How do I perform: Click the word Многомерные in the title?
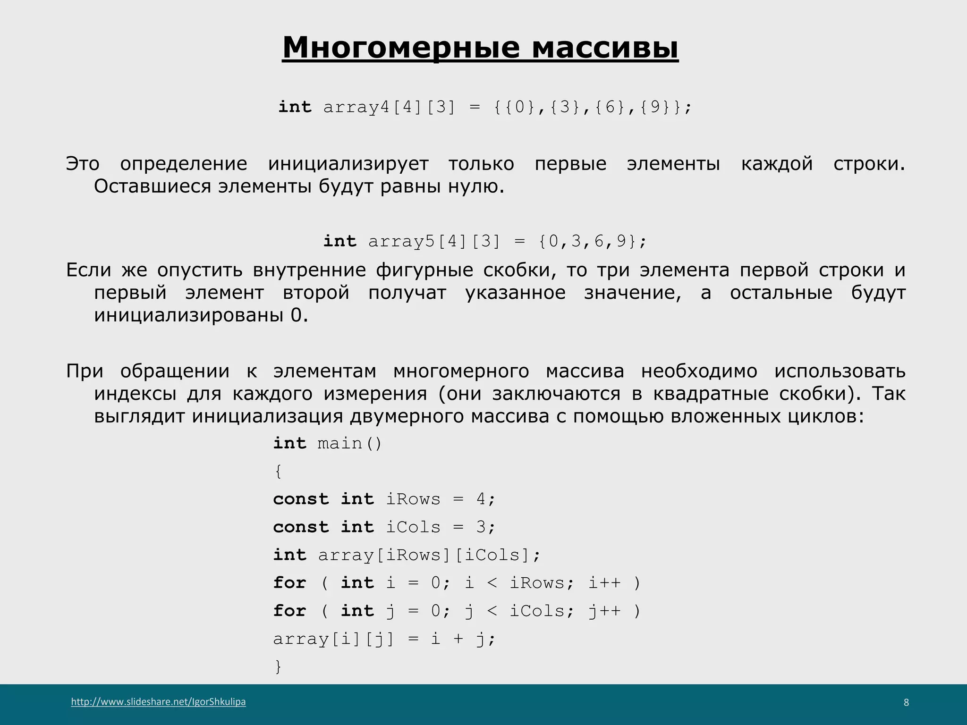[401, 47]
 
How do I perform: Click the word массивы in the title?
[605, 47]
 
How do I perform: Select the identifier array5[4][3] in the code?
[434, 241]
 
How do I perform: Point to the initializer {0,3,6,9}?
[593, 241]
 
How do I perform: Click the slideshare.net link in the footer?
[158, 701]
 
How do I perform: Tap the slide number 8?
[906, 702]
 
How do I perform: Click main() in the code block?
[349, 443]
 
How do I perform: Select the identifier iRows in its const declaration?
[413, 499]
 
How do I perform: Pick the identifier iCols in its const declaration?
[413, 527]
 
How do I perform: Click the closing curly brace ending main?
[278, 666]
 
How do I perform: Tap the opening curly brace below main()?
[278, 471]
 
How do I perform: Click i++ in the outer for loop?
[604, 583]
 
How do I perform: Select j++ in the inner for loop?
[604, 611]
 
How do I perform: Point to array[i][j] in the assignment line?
[333, 639]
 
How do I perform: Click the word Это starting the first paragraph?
[83, 164]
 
